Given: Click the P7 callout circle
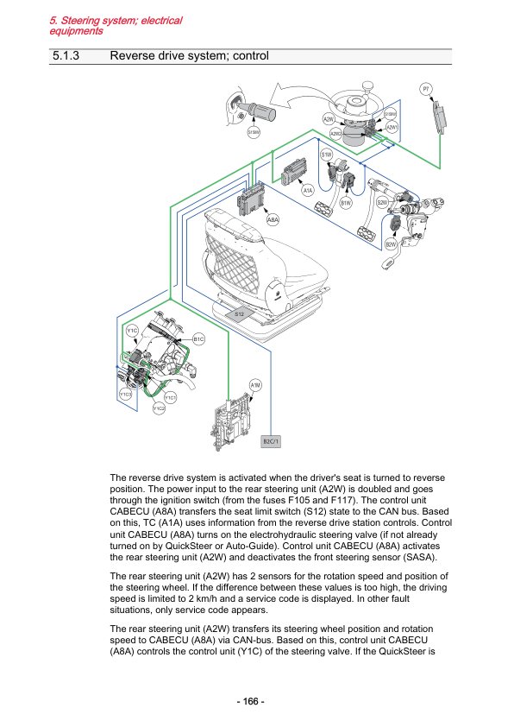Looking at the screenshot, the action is [x=426, y=89].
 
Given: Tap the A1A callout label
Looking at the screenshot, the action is [x=308, y=190].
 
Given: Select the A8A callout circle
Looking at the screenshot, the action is [x=273, y=220].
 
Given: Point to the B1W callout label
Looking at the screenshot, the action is [x=346, y=203].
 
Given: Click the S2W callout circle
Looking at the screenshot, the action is [x=383, y=202].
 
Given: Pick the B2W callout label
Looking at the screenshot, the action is [x=392, y=244].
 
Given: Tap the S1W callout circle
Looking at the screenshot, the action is [x=327, y=155].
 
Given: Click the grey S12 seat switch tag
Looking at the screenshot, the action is [x=239, y=314].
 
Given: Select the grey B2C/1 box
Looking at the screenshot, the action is [x=272, y=441].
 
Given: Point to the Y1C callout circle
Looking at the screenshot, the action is [x=133, y=331].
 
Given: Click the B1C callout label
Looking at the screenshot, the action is [x=198, y=339].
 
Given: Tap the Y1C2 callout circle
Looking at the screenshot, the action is [x=159, y=408].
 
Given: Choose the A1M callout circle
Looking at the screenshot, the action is [x=255, y=385].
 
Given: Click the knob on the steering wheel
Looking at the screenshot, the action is [x=367, y=86].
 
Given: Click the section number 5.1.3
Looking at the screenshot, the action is [x=66, y=55].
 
